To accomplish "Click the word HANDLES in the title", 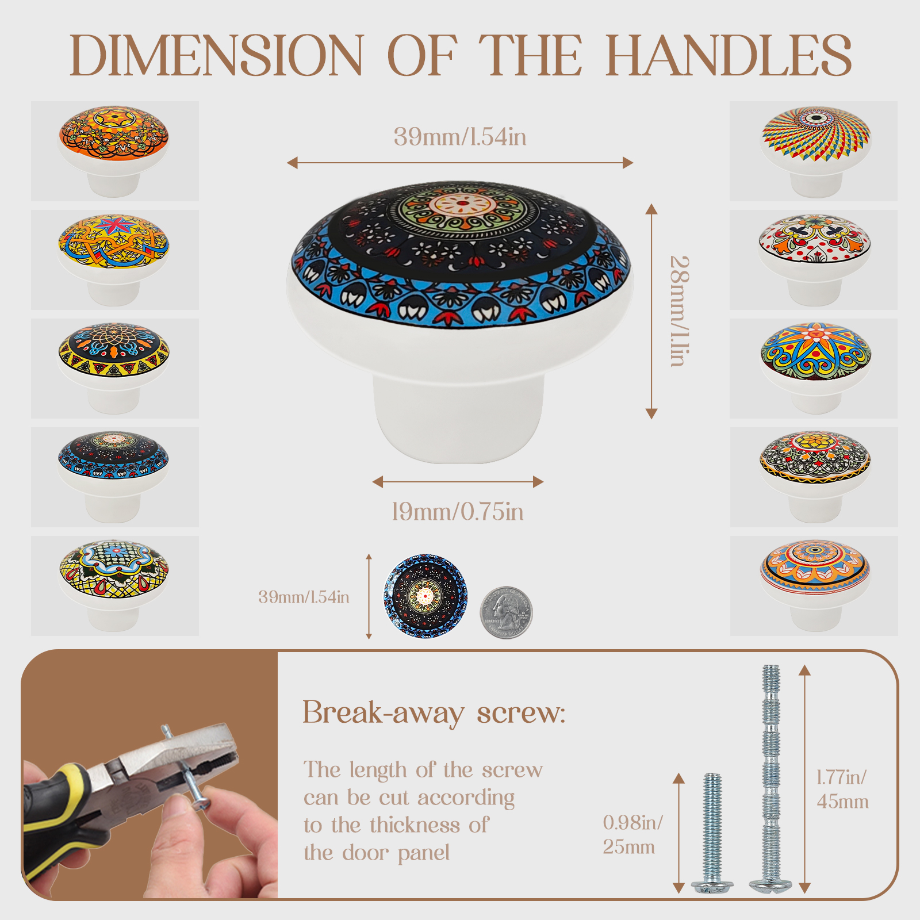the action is click(729, 55).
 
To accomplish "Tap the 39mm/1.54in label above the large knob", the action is click(460, 137).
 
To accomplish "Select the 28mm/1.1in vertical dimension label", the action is click(680, 311).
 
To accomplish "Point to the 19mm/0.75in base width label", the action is click(458, 511).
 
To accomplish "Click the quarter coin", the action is click(507, 612).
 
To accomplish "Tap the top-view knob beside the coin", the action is click(425, 596).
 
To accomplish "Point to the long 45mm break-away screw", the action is click(771, 779).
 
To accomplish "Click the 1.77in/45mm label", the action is click(842, 789).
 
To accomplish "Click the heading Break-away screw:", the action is click(434, 713).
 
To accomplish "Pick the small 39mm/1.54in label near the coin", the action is click(304, 597).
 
